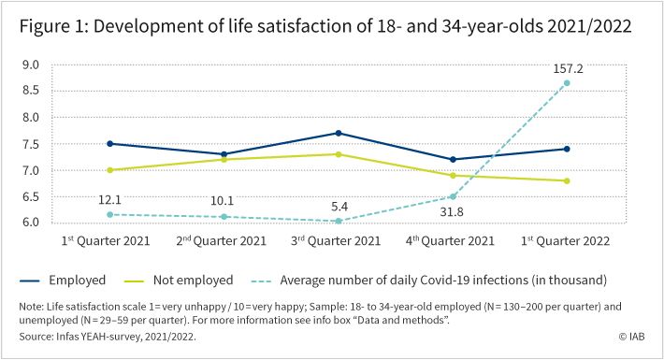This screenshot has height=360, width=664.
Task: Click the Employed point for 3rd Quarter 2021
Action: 339,134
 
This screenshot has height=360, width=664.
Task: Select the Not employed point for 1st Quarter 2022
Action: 567,180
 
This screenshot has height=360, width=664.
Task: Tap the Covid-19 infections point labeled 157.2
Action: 567,83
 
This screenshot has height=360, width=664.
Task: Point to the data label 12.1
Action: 109,199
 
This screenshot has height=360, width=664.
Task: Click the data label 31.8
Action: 452,211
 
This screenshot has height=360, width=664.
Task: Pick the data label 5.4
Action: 339,207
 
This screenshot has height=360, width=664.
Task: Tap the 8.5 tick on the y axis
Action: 31,90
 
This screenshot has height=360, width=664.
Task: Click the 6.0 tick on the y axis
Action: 31,222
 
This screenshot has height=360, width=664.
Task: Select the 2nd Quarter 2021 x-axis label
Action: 221,240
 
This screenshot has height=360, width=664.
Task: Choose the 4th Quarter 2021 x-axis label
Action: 450,240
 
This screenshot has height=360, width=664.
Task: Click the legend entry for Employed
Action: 63,280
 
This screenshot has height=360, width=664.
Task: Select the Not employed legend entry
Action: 179,280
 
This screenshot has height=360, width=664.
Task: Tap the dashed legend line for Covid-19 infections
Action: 261,281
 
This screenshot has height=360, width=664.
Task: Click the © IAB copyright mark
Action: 632,337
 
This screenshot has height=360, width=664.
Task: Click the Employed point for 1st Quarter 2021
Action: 110,144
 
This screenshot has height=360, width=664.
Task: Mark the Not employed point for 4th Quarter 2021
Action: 453,176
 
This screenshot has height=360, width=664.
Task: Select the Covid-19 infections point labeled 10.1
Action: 224,217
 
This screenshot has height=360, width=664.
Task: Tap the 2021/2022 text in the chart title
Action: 589,26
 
